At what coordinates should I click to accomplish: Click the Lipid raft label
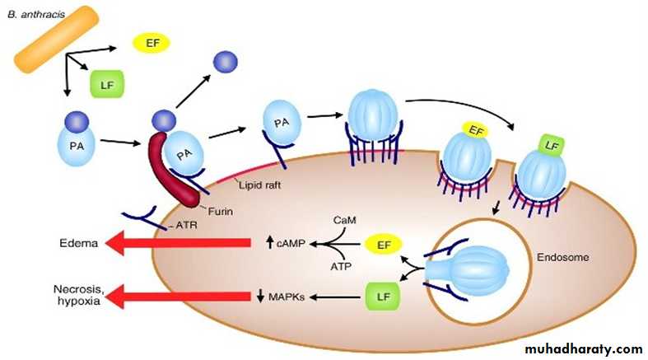click(255, 185)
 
